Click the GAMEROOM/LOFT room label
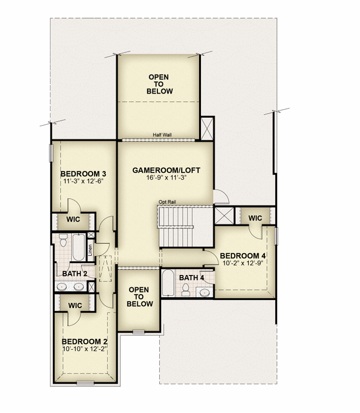pyautogui.click(x=166, y=170)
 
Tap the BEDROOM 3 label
pyautogui.click(x=83, y=174)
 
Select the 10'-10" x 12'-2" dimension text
pyautogui.click(x=85, y=349)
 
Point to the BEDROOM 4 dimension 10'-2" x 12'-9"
pyautogui.click(x=243, y=263)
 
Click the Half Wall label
pyautogui.click(x=162, y=135)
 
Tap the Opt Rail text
pyautogui.click(x=167, y=202)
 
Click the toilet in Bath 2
pyautogui.click(x=63, y=240)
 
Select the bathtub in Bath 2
pyautogui.click(x=79, y=247)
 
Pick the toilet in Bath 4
pyautogui.click(x=186, y=290)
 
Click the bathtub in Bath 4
pyautogui.click(x=168, y=282)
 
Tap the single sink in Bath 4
pyautogui.click(x=205, y=292)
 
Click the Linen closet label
pyautogui.click(x=90, y=250)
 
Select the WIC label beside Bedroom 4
pyautogui.click(x=256, y=218)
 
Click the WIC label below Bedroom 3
pyautogui.click(x=73, y=219)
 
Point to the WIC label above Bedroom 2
pyautogui.click(x=75, y=306)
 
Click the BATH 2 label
pyautogui.click(x=75, y=274)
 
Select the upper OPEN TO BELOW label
pyautogui.click(x=159, y=84)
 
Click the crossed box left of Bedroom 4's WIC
pyautogui.click(x=224, y=216)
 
